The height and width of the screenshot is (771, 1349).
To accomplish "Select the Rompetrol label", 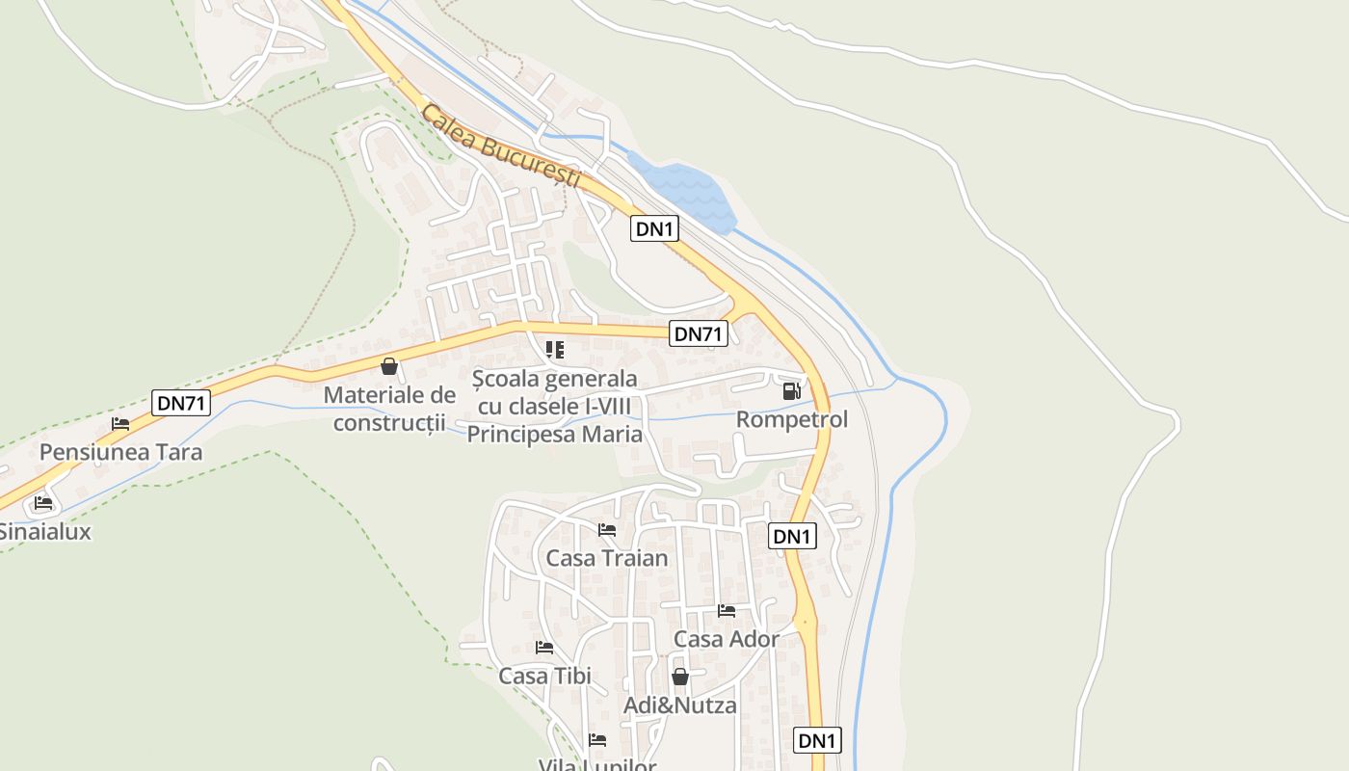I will tap(792, 419).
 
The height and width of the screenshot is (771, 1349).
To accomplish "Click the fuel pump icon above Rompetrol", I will tap(791, 390).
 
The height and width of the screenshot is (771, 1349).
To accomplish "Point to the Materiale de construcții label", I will tap(389, 409).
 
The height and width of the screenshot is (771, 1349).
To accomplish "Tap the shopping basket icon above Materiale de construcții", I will tap(389, 366).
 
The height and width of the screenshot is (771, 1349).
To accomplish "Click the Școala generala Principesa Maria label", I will tap(555, 406).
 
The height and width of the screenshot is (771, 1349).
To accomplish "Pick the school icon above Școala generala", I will tap(554, 349).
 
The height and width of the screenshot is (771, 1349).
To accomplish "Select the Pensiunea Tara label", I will tap(121, 452).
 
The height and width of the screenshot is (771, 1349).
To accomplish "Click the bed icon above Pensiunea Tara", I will tap(120, 423).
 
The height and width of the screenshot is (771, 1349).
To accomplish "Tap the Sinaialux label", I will tap(44, 531).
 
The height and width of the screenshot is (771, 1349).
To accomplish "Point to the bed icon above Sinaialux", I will tap(43, 502).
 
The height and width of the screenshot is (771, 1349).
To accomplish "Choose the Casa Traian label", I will tap(607, 558).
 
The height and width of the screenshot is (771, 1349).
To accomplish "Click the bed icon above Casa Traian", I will tap(607, 529).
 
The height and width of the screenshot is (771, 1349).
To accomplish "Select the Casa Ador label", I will tap(727, 639).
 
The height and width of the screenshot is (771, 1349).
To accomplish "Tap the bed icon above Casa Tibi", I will tap(544, 647).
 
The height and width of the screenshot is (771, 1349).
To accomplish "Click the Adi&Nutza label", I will tap(680, 705).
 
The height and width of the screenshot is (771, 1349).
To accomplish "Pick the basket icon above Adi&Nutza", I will tap(680, 677).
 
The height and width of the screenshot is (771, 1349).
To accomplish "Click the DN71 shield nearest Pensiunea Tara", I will tap(181, 403).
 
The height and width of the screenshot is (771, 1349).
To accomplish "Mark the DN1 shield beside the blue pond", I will tap(655, 229).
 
